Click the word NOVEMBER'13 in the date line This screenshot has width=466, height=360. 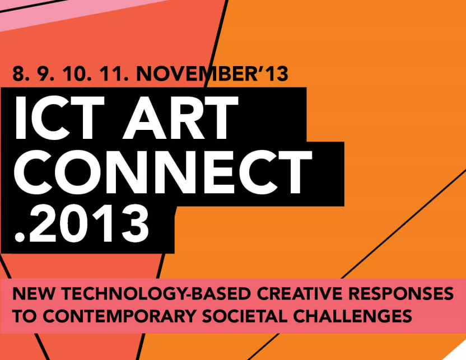pyautogui.click(x=212, y=74)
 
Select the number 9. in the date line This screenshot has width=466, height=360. pyautogui.click(x=46, y=74)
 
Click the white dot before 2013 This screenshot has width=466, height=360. pyautogui.click(x=20, y=237)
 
